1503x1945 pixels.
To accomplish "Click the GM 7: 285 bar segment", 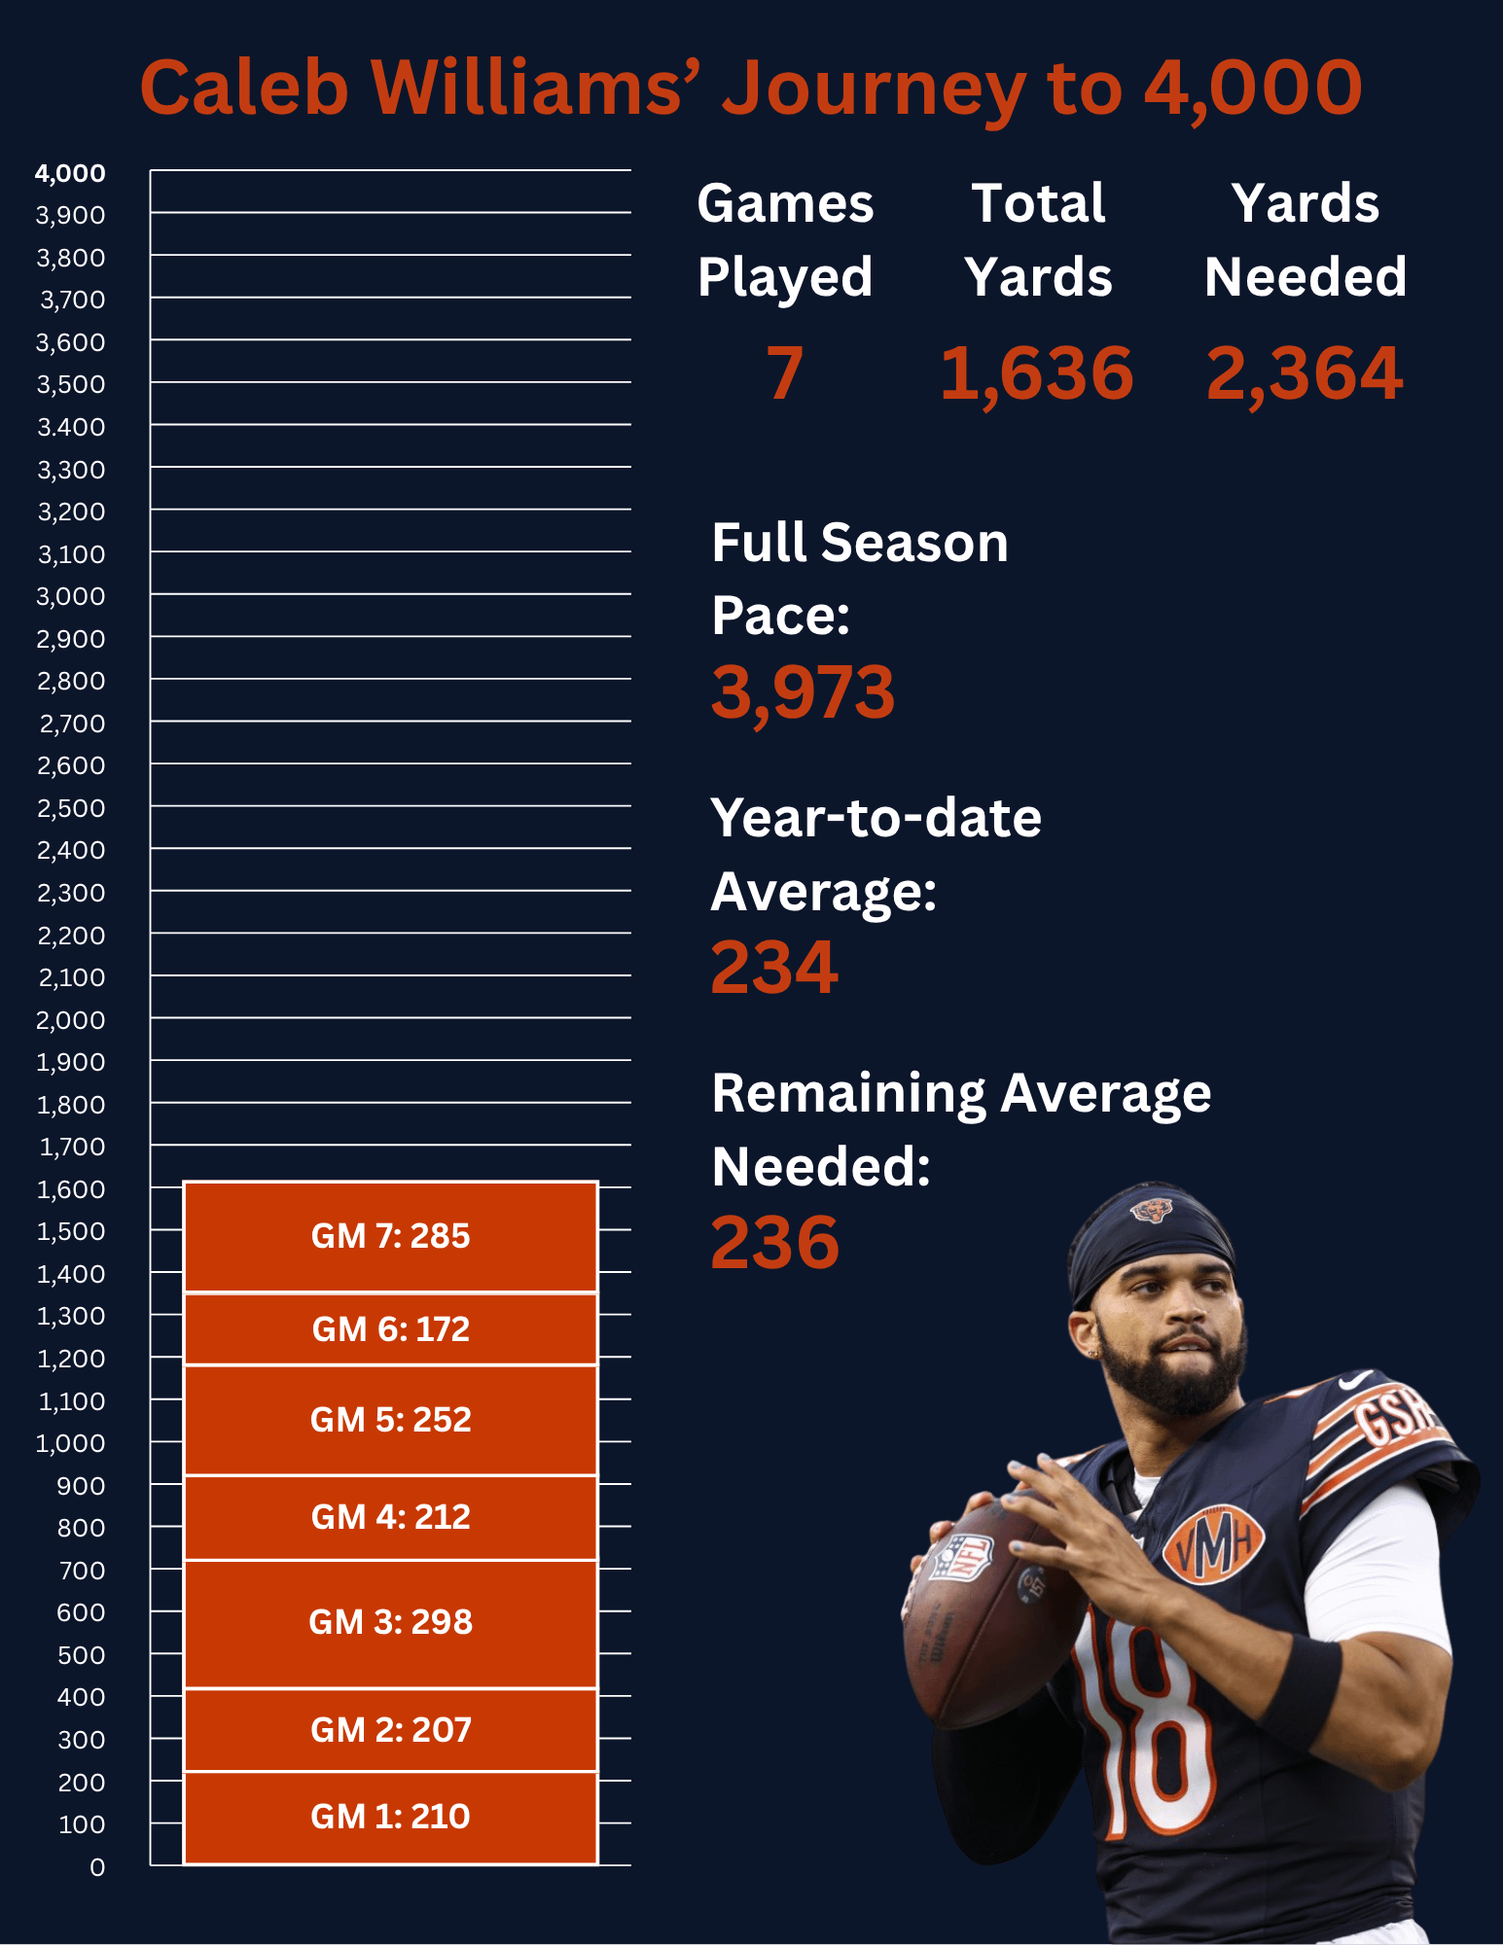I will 390,1236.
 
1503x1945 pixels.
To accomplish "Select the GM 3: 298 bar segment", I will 390,1622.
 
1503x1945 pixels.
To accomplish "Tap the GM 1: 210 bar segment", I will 390,1817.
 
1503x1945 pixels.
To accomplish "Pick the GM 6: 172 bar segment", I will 390,1328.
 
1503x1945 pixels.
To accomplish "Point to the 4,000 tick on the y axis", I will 70,173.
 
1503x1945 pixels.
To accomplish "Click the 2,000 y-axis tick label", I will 70,1020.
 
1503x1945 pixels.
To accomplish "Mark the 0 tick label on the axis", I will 97,1867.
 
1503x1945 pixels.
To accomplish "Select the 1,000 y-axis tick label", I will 70,1443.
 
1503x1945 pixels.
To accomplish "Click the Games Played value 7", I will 784,373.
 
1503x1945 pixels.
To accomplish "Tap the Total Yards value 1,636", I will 1037,373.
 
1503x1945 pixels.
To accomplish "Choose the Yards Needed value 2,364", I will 1305,373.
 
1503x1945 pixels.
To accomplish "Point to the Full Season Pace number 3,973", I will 803,692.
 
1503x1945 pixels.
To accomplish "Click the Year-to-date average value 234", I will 774,968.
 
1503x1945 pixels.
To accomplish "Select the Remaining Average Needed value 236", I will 775,1243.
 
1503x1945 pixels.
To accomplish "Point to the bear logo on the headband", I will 1151,1211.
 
